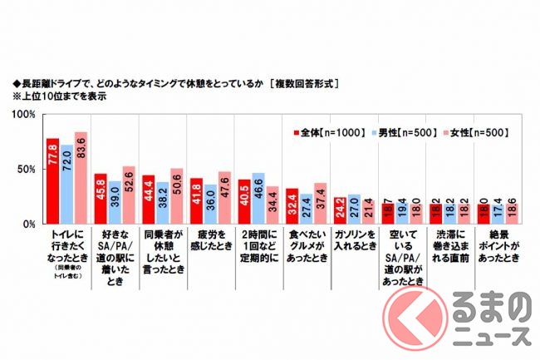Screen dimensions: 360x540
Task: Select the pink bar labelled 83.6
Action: (81, 178)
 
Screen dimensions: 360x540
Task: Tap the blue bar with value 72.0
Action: (66, 185)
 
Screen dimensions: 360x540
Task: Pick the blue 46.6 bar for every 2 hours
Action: (258, 199)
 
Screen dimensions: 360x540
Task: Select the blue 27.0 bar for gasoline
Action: (355, 210)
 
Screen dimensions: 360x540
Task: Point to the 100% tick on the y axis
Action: (23, 114)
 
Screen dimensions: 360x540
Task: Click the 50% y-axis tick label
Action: (26, 169)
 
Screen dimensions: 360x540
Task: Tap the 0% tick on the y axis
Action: (28, 224)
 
